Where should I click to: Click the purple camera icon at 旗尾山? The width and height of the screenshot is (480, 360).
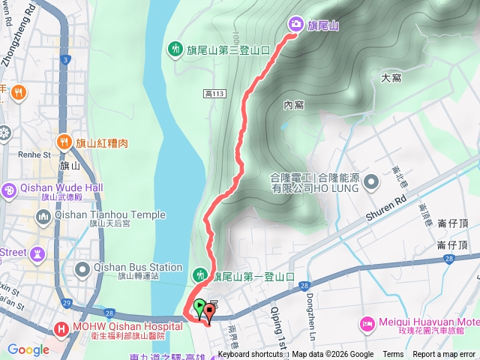(295, 25)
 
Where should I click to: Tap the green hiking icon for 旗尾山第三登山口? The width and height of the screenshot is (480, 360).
(175, 49)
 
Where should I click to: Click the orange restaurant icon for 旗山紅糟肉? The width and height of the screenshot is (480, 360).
(64, 142)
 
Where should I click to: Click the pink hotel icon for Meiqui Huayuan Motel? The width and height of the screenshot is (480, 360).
(367, 323)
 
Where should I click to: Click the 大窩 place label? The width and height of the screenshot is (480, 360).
(391, 76)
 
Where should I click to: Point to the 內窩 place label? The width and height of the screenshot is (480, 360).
(293, 105)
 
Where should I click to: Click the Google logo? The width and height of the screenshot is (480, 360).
(28, 349)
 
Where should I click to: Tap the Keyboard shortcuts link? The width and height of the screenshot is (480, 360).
(251, 355)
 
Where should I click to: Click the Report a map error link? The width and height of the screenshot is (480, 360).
(444, 355)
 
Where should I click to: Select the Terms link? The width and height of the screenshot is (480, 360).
(393, 355)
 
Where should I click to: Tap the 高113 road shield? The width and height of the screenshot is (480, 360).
(214, 93)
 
